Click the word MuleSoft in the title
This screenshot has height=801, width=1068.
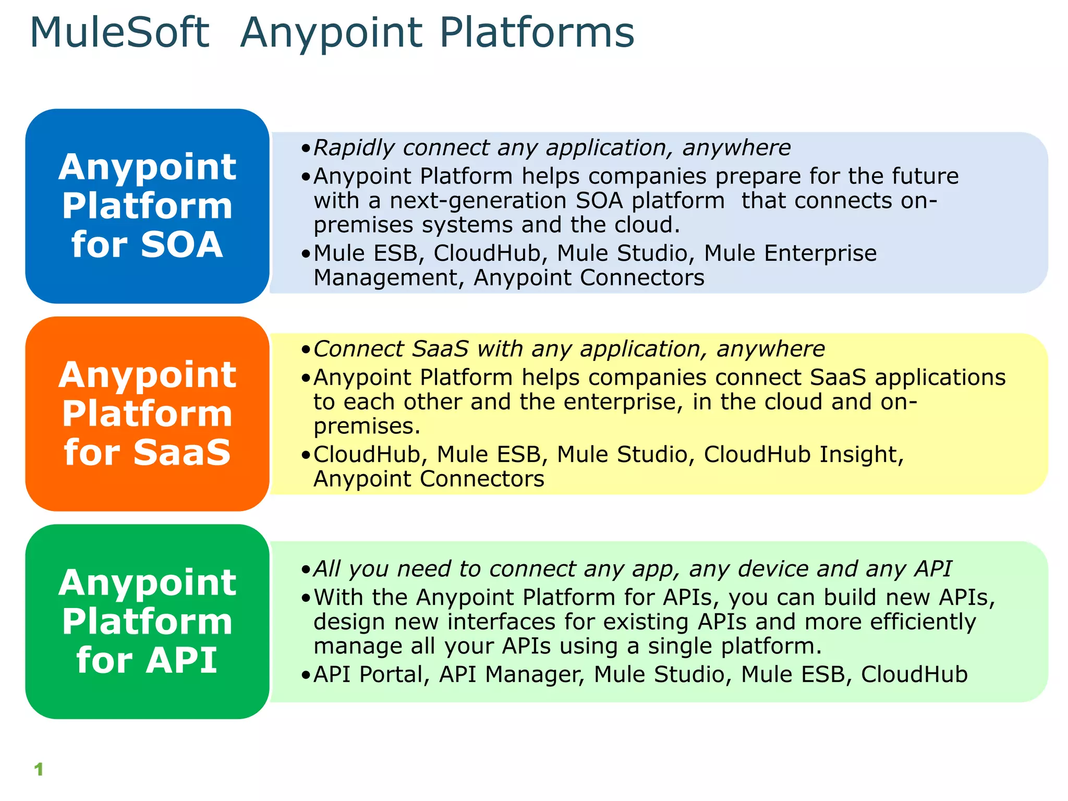pos(120,33)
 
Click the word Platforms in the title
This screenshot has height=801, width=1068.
pos(537,33)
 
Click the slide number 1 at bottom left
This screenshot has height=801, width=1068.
pos(39,769)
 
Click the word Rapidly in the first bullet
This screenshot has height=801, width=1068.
pos(354,148)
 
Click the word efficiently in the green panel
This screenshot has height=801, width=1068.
pos(923,622)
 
